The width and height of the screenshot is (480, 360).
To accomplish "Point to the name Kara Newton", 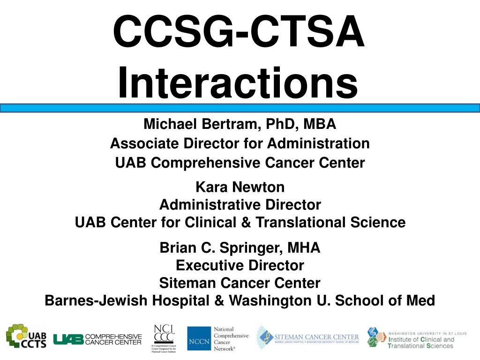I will click(240, 187).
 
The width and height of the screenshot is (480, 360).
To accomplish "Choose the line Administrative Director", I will click(240, 205).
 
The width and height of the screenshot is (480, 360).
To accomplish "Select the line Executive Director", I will click(240, 265).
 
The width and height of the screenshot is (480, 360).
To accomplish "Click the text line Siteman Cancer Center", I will click(240, 283).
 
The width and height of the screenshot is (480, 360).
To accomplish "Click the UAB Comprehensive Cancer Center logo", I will click(97, 339).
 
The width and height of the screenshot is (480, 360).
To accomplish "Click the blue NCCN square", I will click(199, 338).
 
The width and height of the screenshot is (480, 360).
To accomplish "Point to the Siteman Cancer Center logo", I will click(308, 337).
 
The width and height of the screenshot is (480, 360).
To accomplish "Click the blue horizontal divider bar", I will click(240, 108).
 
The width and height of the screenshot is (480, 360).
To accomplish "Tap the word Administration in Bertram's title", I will click(318, 143).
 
